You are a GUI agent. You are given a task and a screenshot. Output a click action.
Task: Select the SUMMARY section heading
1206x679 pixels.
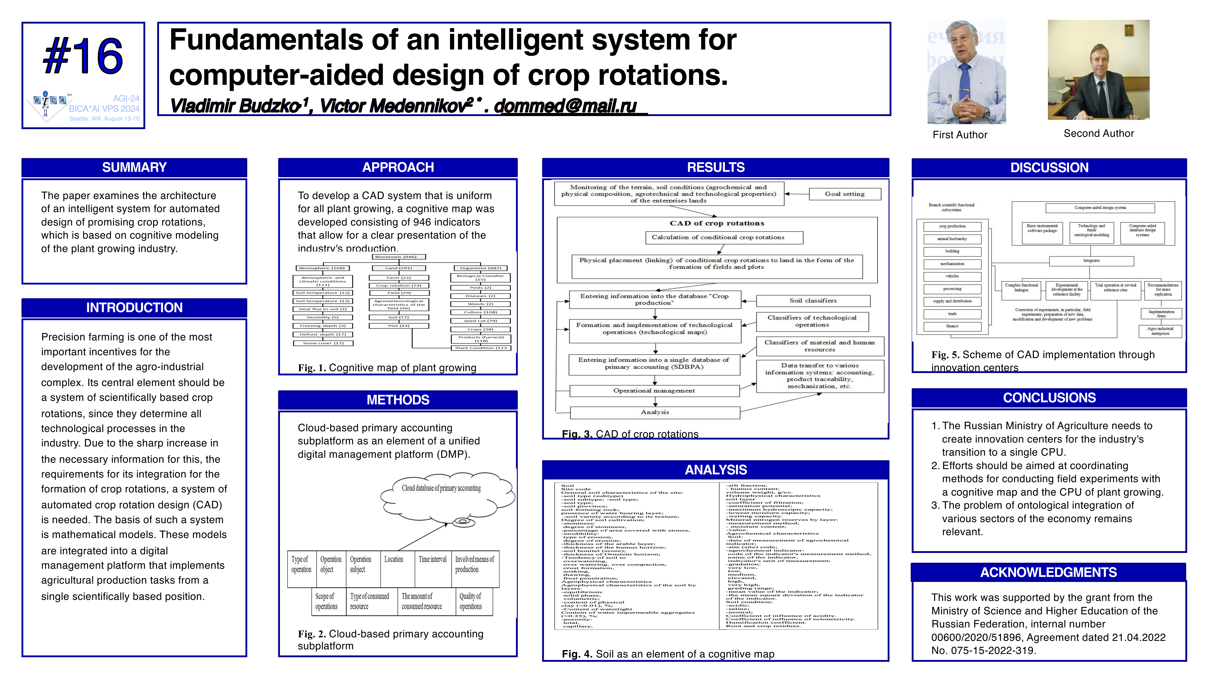[134, 167]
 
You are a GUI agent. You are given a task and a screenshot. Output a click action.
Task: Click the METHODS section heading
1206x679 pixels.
[398, 400]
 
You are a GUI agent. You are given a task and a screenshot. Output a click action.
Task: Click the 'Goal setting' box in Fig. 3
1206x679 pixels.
[845, 194]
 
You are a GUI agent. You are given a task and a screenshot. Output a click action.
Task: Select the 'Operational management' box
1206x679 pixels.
[654, 391]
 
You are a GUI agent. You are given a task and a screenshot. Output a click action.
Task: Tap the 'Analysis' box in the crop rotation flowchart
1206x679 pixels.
[654, 412]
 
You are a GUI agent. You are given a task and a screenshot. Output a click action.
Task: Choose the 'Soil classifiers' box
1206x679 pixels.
[813, 301]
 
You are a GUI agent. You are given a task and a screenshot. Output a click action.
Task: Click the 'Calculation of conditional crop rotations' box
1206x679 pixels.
[718, 237]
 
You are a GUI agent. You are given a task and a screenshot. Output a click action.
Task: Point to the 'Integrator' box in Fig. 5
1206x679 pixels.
[1091, 261]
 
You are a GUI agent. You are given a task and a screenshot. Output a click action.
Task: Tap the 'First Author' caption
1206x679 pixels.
[960, 135]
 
